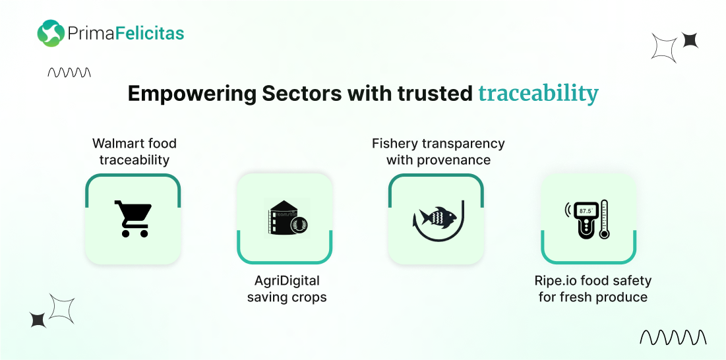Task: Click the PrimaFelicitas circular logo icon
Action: [51, 34]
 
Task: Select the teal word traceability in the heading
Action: [538, 94]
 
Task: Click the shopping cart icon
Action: [133, 219]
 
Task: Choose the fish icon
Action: [435, 216]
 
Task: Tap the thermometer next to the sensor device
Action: [604, 219]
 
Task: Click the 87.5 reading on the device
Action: [586, 210]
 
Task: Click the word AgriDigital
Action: [287, 281]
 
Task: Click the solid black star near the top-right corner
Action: [690, 40]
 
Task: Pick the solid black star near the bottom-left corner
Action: [38, 320]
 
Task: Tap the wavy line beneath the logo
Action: [69, 73]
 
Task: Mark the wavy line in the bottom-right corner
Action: [673, 338]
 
